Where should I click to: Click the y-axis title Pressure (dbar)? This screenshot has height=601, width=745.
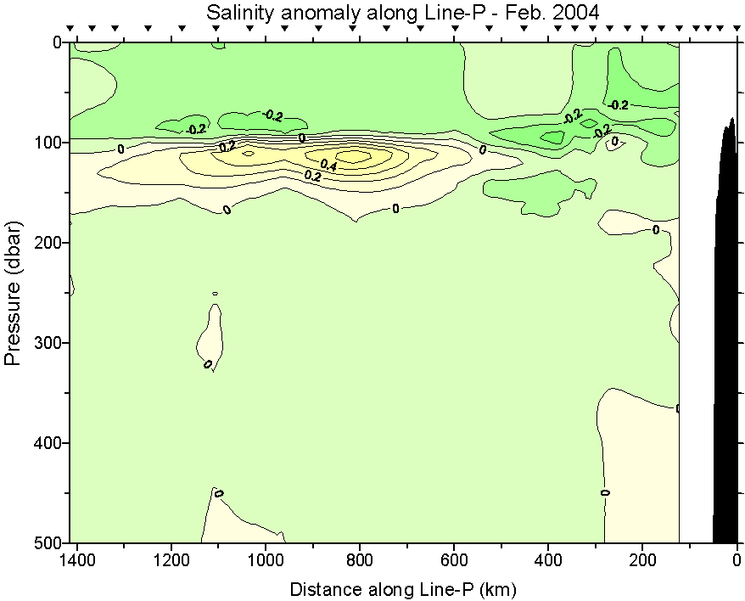(x=13, y=292)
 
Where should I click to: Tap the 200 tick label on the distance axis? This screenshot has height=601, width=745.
(x=642, y=561)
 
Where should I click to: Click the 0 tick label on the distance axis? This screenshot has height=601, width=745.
(x=737, y=561)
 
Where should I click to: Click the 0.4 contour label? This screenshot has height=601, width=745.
(x=328, y=166)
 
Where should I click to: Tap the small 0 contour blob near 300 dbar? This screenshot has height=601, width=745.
(x=211, y=335)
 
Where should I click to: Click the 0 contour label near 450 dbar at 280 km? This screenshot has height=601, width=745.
(x=605, y=492)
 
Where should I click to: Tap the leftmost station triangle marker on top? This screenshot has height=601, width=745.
(x=70, y=29)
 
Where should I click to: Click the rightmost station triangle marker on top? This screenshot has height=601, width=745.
(x=732, y=29)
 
